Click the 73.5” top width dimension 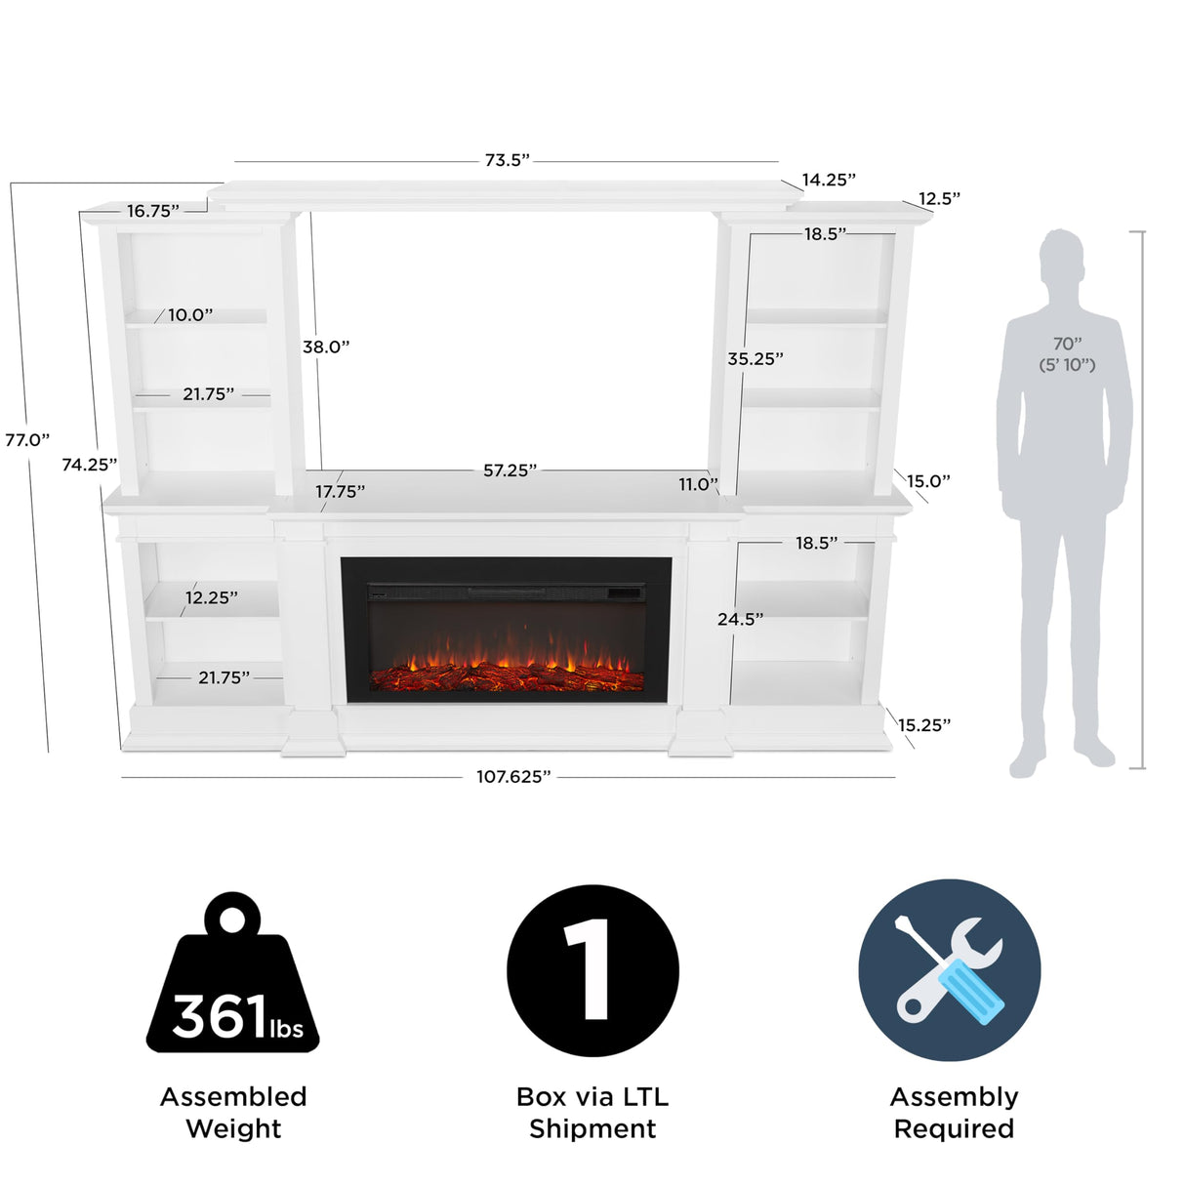[x=507, y=160]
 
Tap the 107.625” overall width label [x=513, y=777]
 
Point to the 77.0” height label [x=26, y=439]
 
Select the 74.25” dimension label [x=89, y=465]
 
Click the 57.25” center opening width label [x=510, y=470]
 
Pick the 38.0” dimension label [x=326, y=347]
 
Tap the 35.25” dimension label [x=756, y=359]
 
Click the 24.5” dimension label [x=740, y=619]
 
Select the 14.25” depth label [x=829, y=180]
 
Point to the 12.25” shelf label [x=212, y=597]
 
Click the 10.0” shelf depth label [x=190, y=315]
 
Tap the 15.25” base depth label [x=923, y=725]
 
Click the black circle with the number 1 [x=592, y=970]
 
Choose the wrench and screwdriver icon [x=949, y=970]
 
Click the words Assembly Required [x=954, y=1113]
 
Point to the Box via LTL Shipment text [x=592, y=1113]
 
